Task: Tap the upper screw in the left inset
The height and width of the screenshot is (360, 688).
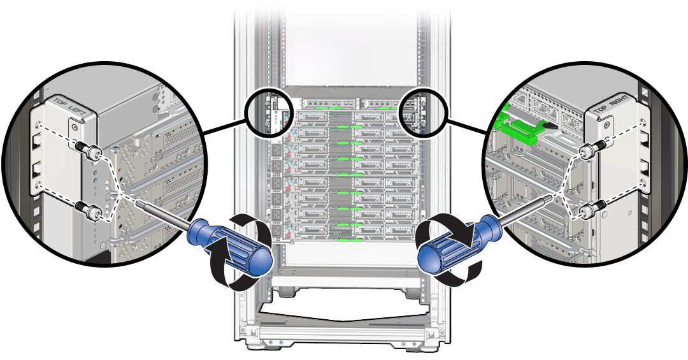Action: [x=89, y=152]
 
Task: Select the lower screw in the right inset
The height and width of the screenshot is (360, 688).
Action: [x=595, y=206]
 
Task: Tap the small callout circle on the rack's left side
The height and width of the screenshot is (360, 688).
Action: [x=268, y=112]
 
